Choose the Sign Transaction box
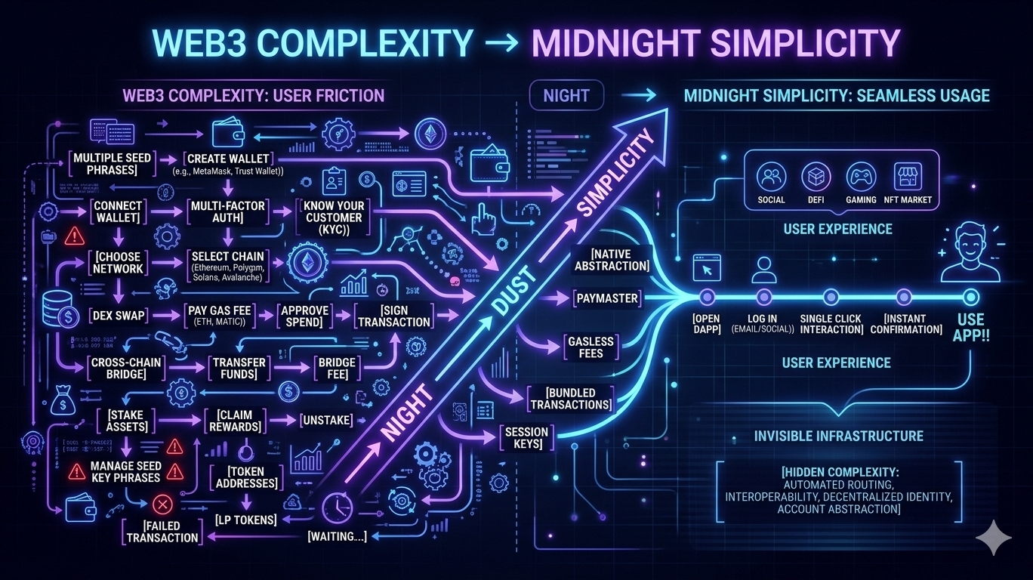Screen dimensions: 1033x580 [x=395, y=316]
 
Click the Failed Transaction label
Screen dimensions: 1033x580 [x=162, y=532]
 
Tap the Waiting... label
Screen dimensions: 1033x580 [x=337, y=537]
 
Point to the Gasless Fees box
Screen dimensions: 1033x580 [x=591, y=347]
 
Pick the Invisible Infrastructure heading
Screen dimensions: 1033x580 [x=838, y=436]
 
